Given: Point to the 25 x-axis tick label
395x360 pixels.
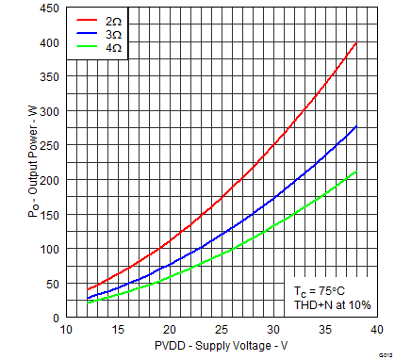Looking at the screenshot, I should click(221, 329).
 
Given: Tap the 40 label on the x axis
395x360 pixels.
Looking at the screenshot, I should click(375, 329).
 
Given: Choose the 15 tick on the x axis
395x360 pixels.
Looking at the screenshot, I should click(118, 329).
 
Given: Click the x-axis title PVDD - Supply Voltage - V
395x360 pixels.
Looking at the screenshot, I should click(221, 348).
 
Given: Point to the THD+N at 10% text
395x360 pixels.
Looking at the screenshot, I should click(325, 305).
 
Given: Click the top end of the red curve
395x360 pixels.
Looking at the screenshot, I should click(355, 43).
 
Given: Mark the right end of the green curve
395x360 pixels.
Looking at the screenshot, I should click(355, 172).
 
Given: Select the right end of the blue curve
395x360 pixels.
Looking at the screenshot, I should click(355, 126).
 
